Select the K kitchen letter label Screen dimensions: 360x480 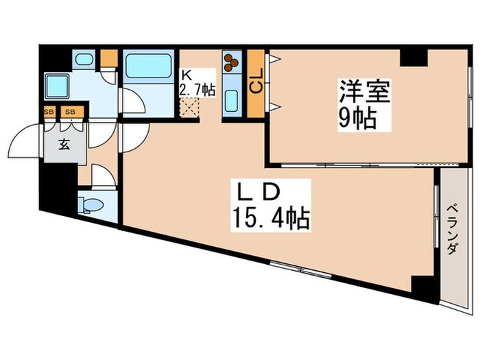point(185,76)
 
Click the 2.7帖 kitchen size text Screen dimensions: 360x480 point(197,90)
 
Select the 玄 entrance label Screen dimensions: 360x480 point(62,145)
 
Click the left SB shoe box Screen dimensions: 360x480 point(49,112)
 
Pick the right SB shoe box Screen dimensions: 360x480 point(70,112)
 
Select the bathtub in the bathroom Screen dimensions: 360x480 point(147,67)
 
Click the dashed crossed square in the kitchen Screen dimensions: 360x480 point(189,108)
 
